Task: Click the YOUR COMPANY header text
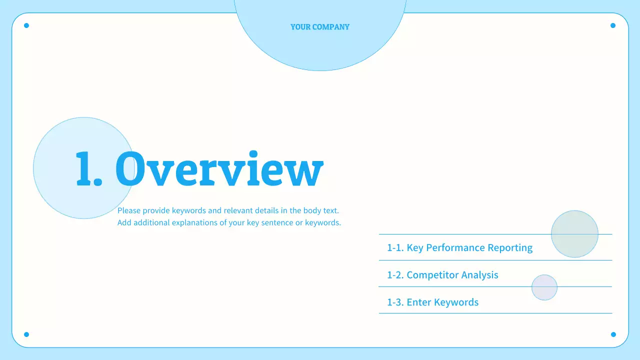coord(320,27)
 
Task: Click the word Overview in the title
coord(219,168)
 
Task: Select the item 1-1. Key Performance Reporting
coord(459,247)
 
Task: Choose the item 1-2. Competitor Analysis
coord(442,275)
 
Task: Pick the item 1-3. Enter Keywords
coord(432,302)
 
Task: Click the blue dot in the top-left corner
coord(26,25)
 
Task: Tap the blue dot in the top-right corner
coord(613,25)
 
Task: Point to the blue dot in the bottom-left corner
coord(26,334)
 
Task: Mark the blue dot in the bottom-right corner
coord(613,334)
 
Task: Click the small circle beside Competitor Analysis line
coord(544,287)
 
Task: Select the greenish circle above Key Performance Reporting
coord(574,234)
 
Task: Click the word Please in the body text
coord(129,210)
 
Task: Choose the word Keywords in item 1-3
coord(456,302)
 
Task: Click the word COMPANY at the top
coord(331,27)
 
